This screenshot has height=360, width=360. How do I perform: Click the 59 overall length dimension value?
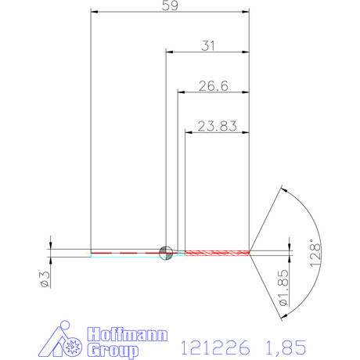170,6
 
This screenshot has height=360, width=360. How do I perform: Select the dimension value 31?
207,46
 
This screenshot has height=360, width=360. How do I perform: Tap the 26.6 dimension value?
212,86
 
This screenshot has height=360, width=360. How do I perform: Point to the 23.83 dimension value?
217,125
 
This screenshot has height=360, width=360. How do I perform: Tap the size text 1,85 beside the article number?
283,346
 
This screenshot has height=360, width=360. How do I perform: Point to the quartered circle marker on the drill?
165,252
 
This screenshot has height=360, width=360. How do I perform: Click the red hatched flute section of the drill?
216,252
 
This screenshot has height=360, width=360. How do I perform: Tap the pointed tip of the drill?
250,252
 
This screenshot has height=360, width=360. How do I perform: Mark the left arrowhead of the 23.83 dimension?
189,131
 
